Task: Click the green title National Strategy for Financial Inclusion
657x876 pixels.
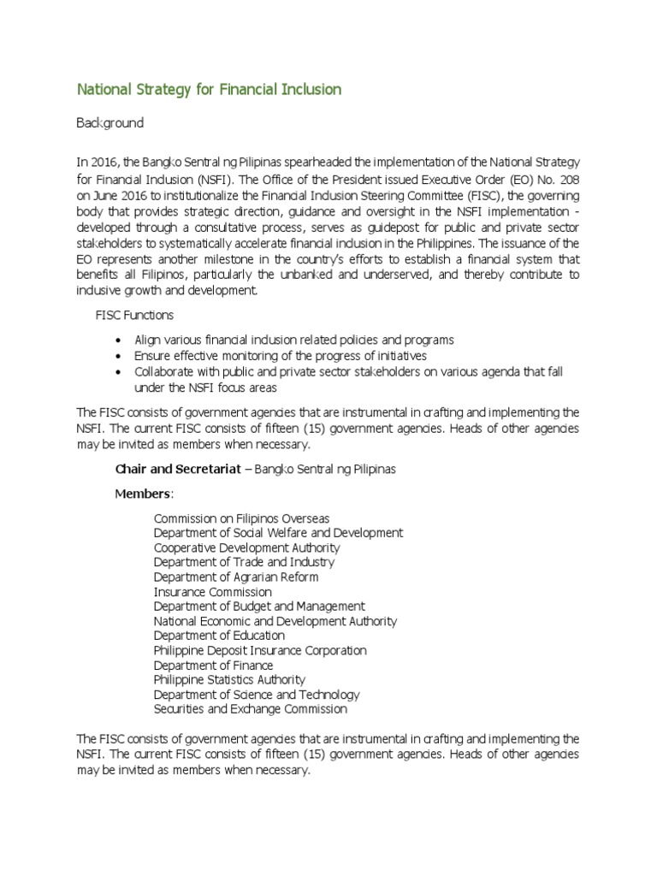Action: [210, 90]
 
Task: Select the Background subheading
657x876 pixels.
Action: [110, 123]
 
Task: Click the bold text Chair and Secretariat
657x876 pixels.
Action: [175, 470]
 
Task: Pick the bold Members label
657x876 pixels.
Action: [144, 494]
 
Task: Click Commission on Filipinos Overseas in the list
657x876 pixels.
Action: [241, 518]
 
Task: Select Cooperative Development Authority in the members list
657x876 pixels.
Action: [246, 547]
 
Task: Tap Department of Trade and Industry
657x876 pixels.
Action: [244, 562]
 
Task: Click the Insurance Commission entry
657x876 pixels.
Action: [212, 592]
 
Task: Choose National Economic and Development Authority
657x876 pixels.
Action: [275, 621]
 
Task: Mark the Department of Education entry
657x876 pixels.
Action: [219, 636]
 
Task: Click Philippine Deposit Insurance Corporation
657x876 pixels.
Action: [260, 650]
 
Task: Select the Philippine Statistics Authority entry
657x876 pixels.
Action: [229, 680]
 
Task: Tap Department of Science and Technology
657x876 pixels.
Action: [257, 695]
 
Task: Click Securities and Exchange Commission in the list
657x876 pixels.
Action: [250, 709]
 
